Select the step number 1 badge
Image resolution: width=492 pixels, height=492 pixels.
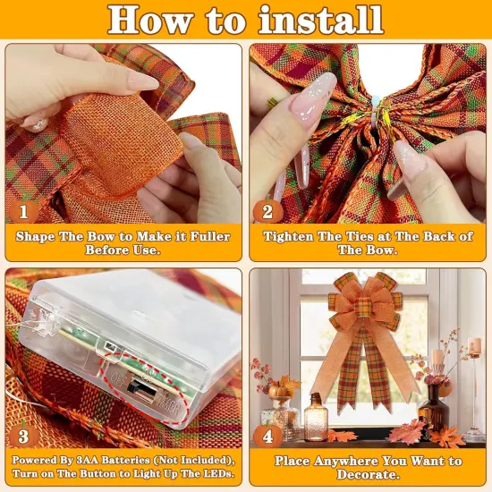[24, 211]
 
